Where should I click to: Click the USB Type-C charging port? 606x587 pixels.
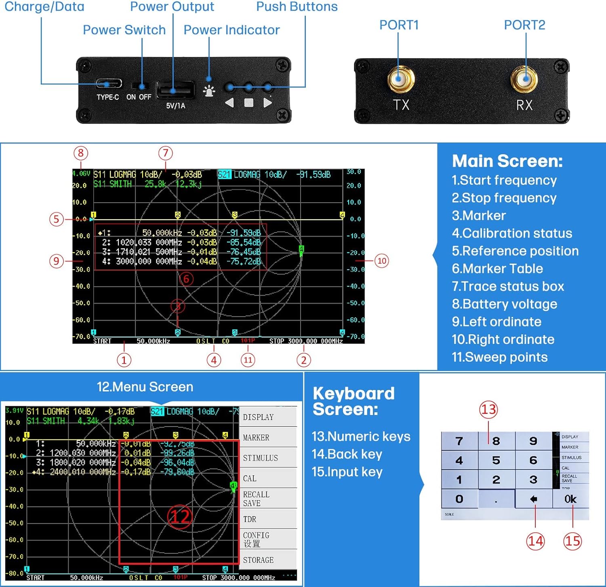(108, 84)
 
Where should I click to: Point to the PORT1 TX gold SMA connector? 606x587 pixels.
(400, 79)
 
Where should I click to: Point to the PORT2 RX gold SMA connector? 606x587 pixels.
(524, 79)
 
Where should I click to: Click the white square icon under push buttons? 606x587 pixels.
(248, 103)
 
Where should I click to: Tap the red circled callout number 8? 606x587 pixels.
(81, 153)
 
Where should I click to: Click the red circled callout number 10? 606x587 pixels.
(382, 260)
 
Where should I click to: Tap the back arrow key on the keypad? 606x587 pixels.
(534, 499)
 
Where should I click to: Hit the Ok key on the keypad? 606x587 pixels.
(570, 499)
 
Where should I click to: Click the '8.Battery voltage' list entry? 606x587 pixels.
(504, 304)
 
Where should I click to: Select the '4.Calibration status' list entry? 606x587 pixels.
(512, 233)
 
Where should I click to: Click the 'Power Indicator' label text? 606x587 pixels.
(231, 30)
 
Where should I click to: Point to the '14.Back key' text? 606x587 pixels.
(347, 454)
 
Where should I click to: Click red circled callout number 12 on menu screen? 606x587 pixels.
(179, 516)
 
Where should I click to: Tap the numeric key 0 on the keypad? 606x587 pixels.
(459, 499)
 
